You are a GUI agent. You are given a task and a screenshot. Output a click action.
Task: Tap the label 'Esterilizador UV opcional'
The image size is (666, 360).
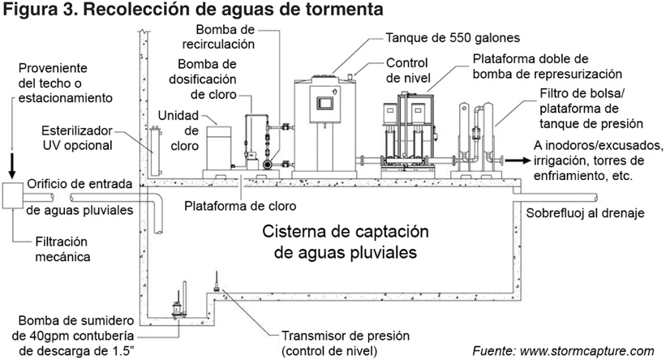click(75, 140)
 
